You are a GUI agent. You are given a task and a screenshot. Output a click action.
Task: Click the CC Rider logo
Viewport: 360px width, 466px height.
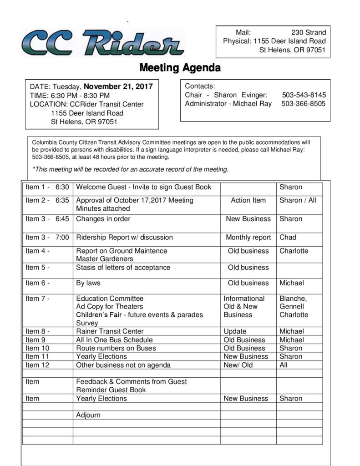coord(102,43)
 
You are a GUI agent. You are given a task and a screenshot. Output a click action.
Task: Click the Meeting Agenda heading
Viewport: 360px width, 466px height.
coord(180,68)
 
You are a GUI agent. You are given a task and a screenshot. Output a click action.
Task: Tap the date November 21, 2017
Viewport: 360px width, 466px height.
coord(118,86)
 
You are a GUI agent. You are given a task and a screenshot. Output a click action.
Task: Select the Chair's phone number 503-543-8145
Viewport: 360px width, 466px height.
coord(304,95)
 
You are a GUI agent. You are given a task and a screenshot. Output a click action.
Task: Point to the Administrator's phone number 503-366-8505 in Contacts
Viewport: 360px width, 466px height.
coord(304,103)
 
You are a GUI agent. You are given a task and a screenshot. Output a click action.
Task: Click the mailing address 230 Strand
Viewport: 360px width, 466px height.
coord(309,32)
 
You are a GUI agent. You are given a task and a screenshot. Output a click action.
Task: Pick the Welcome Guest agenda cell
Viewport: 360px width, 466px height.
coord(144,187)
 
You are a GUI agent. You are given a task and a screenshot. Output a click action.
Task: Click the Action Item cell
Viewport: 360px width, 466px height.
coord(248,200)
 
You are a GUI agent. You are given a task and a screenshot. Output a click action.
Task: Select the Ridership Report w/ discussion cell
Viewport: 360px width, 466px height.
coord(124,237)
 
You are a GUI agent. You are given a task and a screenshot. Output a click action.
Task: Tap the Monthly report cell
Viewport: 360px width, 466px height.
coord(248,237)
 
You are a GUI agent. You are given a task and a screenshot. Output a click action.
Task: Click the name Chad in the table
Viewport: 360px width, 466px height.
coord(288,237)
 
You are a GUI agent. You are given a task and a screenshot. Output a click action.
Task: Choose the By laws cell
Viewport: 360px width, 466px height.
coord(88,283)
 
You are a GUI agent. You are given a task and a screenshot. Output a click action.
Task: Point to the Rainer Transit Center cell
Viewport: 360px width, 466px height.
coord(110,331)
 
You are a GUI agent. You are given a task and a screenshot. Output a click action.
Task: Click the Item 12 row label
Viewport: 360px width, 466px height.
coord(37,365)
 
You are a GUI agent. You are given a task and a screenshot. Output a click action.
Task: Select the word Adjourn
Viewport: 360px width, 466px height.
coord(88,415)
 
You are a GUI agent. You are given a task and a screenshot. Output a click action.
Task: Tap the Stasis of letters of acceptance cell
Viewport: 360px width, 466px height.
coord(123,267)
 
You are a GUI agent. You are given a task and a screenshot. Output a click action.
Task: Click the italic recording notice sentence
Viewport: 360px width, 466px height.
coord(130,170)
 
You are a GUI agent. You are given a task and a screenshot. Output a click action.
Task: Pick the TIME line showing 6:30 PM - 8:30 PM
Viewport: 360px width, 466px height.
coord(70,96)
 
